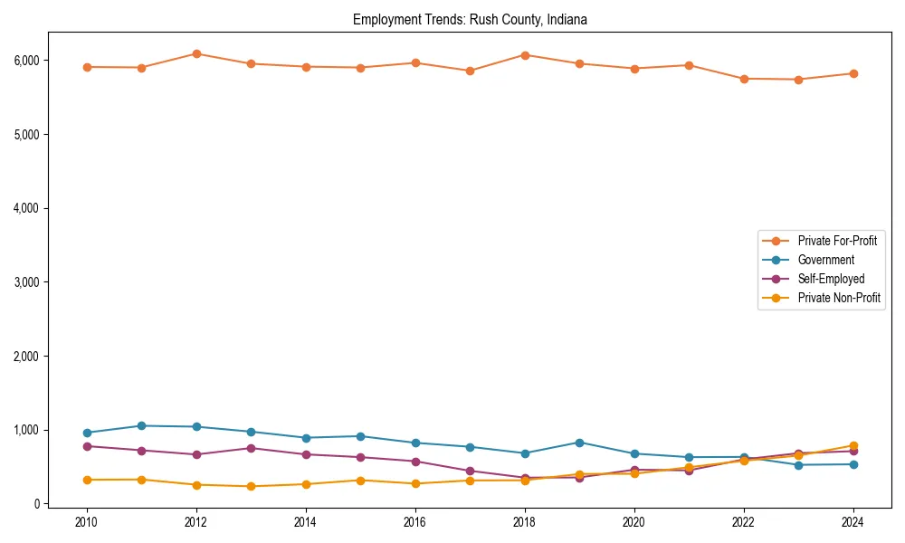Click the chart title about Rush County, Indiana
(x=470, y=20)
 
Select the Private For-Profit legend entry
(x=837, y=241)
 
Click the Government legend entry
(x=825, y=260)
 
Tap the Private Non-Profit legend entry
(x=839, y=298)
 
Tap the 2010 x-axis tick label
(x=87, y=522)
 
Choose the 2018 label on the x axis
(x=525, y=522)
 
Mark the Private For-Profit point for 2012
(x=196, y=54)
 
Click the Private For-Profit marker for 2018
(x=525, y=55)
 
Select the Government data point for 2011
(x=141, y=426)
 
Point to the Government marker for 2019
(x=579, y=443)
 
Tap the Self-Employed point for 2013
(x=251, y=448)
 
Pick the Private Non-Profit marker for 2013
(x=251, y=487)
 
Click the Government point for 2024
(x=853, y=464)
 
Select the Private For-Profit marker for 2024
(x=853, y=74)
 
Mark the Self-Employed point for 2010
(x=87, y=446)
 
